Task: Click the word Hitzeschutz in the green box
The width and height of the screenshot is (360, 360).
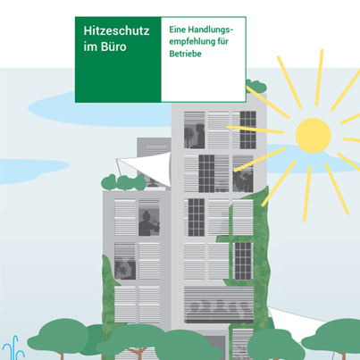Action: [116, 30]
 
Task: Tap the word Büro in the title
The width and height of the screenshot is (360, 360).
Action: [113, 46]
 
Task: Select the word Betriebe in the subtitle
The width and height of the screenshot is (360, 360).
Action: [185, 54]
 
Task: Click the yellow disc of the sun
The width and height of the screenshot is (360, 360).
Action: [314, 136]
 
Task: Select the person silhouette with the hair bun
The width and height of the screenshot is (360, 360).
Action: [149, 223]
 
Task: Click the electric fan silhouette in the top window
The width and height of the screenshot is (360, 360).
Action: [188, 137]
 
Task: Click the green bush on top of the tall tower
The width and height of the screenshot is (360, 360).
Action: [256, 86]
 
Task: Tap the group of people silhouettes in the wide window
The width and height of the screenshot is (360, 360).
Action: [219, 311]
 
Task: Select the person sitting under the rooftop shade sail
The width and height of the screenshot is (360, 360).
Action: [153, 182]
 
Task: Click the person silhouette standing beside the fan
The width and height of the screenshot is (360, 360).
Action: [198, 136]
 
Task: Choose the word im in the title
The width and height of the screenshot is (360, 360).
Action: [89, 47]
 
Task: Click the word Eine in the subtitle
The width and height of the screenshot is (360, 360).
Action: [178, 29]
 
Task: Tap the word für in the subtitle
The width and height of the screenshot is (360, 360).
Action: [222, 41]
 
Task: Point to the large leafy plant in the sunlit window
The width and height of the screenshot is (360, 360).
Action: [242, 180]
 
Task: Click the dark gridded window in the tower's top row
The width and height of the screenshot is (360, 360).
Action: [247, 130]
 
